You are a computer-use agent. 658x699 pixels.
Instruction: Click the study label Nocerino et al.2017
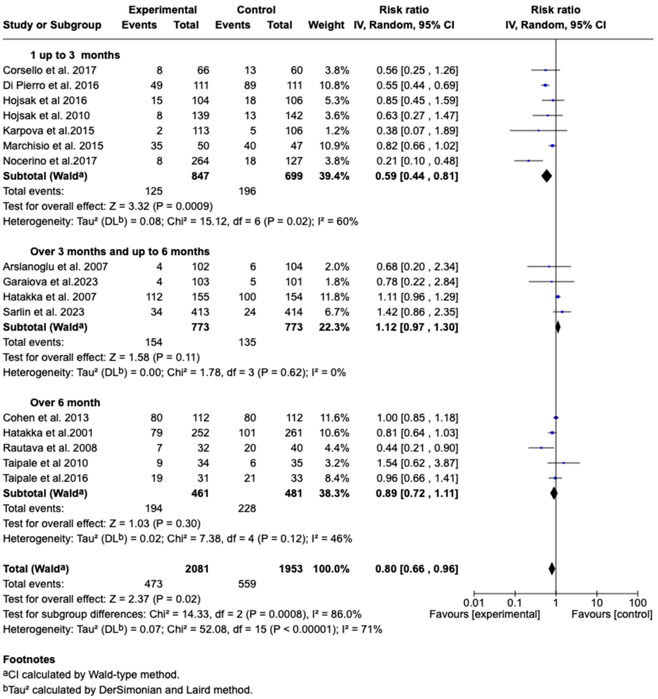pyautogui.click(x=50, y=161)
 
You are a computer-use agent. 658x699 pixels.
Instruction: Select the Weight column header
pyautogui.click(x=326, y=25)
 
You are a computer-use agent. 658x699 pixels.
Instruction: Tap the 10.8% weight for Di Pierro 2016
pyautogui.click(x=332, y=85)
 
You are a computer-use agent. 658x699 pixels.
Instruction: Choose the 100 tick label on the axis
pyautogui.click(x=637, y=603)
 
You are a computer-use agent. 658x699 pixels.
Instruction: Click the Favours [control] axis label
pyautogui.click(x=612, y=615)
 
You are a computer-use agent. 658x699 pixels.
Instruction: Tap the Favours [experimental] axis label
pyautogui.click(x=484, y=615)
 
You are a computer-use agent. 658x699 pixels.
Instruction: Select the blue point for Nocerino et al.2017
pyautogui.click(x=529, y=161)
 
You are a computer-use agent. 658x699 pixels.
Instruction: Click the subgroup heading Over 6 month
pyautogui.click(x=65, y=403)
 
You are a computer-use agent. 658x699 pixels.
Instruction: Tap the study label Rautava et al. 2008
pyautogui.click(x=50, y=448)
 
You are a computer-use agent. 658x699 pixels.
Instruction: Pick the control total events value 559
pyautogui.click(x=247, y=584)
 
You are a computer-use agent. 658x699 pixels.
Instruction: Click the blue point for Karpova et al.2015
pyautogui.click(x=538, y=131)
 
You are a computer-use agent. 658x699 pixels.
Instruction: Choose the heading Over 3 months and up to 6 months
pyautogui.click(x=120, y=252)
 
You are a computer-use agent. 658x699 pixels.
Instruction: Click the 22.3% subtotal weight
pyautogui.click(x=332, y=327)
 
